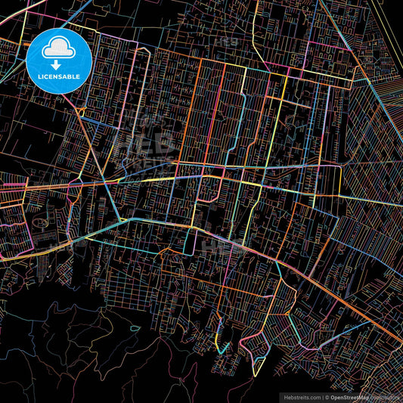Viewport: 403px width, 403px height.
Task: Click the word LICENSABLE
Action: (x=59, y=76)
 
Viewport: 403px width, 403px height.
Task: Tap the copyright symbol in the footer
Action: (x=327, y=396)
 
